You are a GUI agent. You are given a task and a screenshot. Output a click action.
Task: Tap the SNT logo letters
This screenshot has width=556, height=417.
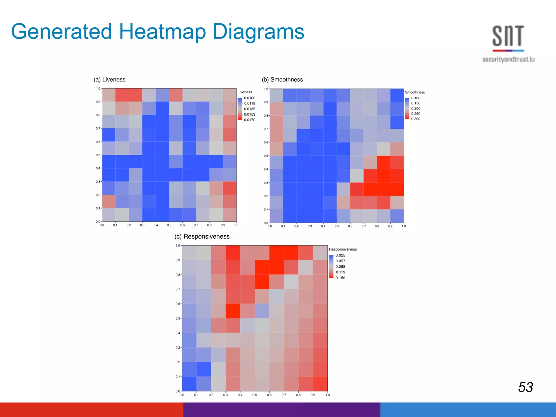[x=508, y=36]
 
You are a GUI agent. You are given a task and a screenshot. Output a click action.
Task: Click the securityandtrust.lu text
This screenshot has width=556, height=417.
[x=508, y=59]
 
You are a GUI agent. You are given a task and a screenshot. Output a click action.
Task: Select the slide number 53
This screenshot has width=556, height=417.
[x=526, y=387]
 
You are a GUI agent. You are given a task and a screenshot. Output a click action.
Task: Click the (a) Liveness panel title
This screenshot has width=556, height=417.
[x=109, y=80]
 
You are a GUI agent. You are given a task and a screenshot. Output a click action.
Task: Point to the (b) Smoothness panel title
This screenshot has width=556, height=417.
[x=282, y=80]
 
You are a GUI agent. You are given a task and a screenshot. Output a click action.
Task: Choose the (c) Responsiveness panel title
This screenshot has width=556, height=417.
[x=202, y=236]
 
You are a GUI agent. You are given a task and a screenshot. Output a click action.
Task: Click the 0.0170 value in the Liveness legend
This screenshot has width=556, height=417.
[x=249, y=120]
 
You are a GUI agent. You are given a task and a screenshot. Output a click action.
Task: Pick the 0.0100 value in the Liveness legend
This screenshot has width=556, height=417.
[x=249, y=98]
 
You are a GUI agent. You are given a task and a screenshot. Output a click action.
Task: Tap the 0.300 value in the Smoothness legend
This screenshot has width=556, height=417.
[x=416, y=119]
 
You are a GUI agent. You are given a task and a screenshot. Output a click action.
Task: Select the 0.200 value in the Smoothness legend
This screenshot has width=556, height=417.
[x=416, y=108]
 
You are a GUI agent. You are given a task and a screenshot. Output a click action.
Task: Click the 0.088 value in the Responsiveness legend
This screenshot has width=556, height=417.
[x=340, y=267]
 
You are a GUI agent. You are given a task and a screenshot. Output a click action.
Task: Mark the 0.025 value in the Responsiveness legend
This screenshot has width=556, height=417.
[x=340, y=255]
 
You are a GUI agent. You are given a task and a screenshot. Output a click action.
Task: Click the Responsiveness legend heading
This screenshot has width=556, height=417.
[x=343, y=249]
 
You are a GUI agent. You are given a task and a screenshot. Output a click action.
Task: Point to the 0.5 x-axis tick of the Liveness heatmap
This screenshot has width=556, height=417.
[x=169, y=225]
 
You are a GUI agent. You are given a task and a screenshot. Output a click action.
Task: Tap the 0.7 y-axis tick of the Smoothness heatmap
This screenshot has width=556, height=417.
[x=266, y=129]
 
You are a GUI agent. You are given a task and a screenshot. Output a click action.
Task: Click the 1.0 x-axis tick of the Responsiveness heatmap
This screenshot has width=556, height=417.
[x=327, y=395]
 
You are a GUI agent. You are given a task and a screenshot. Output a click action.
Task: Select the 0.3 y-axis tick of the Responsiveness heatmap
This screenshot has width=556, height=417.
[x=178, y=347]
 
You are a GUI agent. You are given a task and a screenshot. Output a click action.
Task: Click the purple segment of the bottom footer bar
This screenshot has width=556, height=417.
[x=281, y=410]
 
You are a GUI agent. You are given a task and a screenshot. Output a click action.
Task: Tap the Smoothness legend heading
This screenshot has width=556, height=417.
[x=415, y=92]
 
